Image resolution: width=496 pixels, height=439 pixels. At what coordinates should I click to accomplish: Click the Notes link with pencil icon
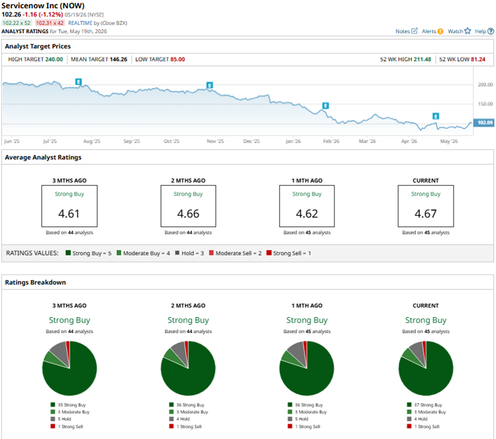[x=406, y=31]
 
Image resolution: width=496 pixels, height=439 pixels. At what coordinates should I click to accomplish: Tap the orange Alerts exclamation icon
[x=440, y=31]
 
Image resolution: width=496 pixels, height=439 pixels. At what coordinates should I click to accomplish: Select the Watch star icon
[x=468, y=31]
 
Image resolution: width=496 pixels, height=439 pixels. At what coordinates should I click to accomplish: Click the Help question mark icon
[x=491, y=31]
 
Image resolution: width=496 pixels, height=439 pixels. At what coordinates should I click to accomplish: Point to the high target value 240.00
[x=54, y=59]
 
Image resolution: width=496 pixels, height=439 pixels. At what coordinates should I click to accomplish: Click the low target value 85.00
[x=177, y=59]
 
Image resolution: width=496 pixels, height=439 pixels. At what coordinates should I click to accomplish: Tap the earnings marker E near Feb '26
[x=325, y=106]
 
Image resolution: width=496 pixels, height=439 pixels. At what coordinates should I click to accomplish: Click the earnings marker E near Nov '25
[x=209, y=85]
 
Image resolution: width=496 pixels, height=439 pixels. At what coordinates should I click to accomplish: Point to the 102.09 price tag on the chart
[x=484, y=123]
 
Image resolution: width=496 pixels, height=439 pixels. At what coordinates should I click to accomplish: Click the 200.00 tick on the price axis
[x=485, y=85]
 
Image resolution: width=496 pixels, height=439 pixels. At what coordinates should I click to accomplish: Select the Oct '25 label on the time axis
[x=171, y=141]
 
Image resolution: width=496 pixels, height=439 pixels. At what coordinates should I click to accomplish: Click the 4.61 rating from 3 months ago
[x=69, y=214]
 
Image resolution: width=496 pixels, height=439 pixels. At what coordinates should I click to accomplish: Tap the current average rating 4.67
[x=425, y=214]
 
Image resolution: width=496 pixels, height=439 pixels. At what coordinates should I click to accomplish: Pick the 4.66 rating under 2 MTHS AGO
[x=188, y=214]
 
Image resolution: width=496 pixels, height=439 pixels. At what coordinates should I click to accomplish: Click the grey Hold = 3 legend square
[x=177, y=253]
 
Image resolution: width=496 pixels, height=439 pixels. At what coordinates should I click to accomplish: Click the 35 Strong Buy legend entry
[x=68, y=405]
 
